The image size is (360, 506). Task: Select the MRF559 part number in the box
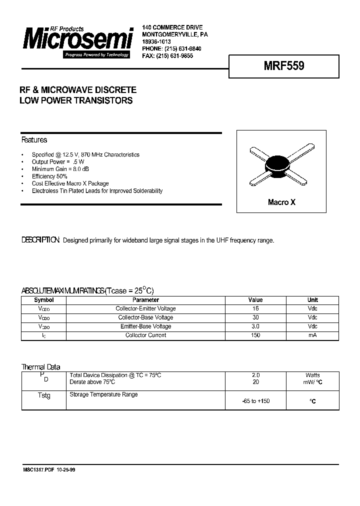(283, 65)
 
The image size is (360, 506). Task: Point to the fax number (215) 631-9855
(174, 56)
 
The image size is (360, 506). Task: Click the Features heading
(34, 140)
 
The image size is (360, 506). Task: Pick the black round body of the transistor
(278, 166)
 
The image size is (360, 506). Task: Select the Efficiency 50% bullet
(49, 176)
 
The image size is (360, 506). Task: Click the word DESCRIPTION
(40, 240)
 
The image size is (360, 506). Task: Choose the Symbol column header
(43, 300)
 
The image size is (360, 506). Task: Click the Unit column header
(312, 300)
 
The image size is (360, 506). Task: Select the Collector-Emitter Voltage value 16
(255, 308)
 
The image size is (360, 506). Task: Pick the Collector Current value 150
(255, 335)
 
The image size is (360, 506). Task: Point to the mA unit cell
(312, 335)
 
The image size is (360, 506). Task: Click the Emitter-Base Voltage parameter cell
(145, 326)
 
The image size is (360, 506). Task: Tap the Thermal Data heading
(40, 367)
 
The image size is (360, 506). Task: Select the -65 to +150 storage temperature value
(255, 401)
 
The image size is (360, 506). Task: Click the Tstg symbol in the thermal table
(44, 395)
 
